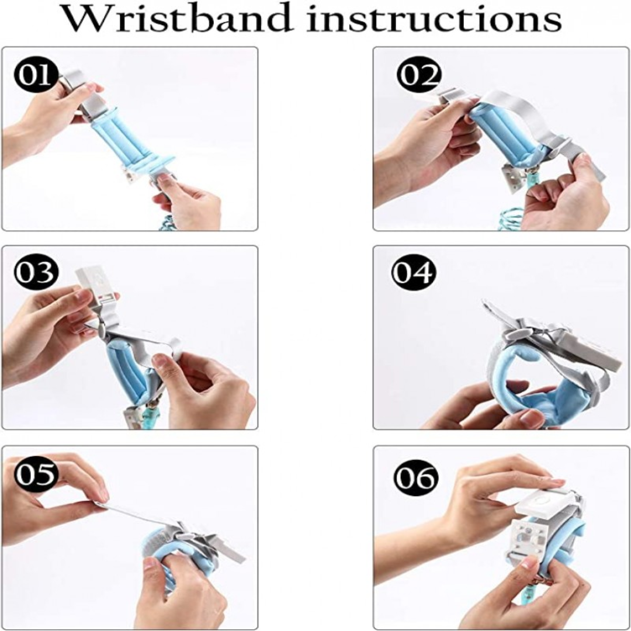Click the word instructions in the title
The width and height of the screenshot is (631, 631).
point(436,19)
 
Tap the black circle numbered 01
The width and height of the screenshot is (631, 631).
point(33,75)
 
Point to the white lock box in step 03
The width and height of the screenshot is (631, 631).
point(96,283)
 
